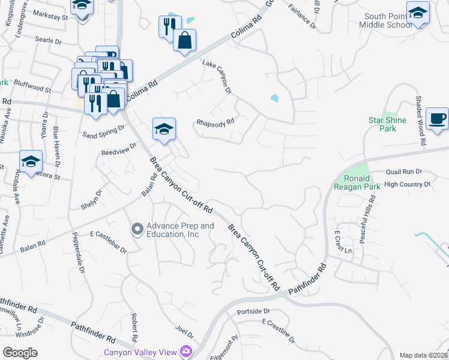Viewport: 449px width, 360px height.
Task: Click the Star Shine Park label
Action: [x=387, y=124]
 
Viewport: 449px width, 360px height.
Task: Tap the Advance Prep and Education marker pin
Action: [x=137, y=229]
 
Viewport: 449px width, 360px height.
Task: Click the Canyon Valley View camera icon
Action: [x=187, y=351]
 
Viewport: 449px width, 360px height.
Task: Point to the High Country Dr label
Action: [x=408, y=184]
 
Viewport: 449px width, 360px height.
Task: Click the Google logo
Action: [x=20, y=352]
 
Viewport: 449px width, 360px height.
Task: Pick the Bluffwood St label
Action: [x=33, y=88]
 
